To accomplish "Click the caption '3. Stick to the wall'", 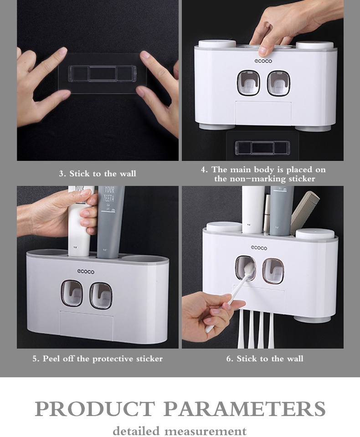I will pyautogui.click(x=98, y=174).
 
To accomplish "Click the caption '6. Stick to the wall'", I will pyautogui.click(x=264, y=359).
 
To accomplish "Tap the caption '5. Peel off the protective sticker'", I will pyautogui.click(x=98, y=359).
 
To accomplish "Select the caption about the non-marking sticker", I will pyautogui.click(x=263, y=174).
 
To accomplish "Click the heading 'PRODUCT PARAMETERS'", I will pyautogui.click(x=180, y=408).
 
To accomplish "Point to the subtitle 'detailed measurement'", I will pyautogui.click(x=180, y=431).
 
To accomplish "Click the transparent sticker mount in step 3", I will pyautogui.click(x=102, y=73).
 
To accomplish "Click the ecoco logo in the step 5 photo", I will pyautogui.click(x=86, y=272).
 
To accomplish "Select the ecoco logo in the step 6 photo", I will pyautogui.click(x=259, y=248).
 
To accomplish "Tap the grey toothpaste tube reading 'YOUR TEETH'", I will pyautogui.click(x=109, y=219).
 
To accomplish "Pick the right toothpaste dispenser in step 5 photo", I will pyautogui.click(x=100, y=295).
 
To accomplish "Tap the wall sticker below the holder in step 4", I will pyautogui.click(x=262, y=147).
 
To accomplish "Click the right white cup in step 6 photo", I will pyautogui.click(x=315, y=234).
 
